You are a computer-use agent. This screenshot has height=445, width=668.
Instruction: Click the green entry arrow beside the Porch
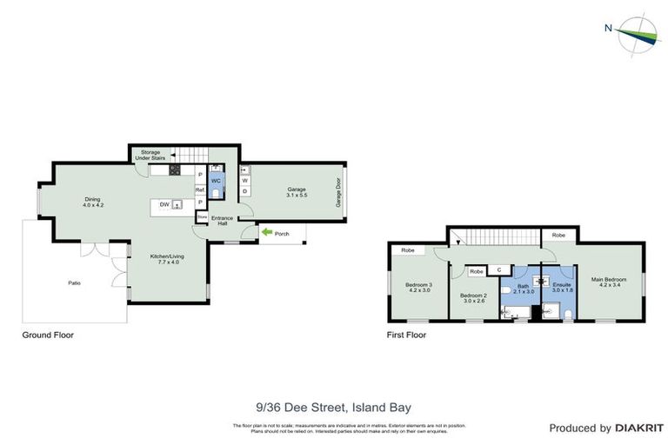266,232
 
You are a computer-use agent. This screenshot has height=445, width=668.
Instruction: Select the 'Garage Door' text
339,194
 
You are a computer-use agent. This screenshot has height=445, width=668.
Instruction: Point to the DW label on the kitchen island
163,204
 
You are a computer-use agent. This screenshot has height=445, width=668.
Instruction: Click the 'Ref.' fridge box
199,189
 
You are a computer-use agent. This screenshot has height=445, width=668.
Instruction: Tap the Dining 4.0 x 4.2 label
93,202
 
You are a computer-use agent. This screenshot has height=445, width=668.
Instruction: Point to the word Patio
75,282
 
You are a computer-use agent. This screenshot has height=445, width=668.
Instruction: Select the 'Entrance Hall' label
222,221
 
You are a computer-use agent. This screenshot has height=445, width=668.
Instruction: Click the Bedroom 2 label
474,298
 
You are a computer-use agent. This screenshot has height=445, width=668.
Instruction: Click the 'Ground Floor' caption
49,334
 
